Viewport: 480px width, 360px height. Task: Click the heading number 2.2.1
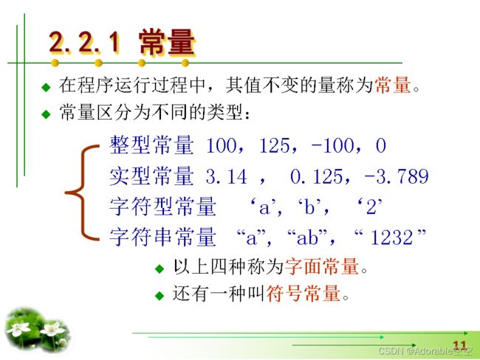tap(84, 42)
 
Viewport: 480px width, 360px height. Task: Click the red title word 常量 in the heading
tap(167, 42)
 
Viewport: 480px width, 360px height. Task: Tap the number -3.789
tap(397, 176)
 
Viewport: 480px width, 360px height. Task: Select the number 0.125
tap(316, 176)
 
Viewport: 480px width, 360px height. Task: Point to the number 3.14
tap(226, 176)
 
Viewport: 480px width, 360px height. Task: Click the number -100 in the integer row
tap(332, 145)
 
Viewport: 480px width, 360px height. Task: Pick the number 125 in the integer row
tap(274, 145)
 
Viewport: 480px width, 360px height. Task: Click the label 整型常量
tap(152, 145)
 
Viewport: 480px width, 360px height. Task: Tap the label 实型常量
tap(152, 176)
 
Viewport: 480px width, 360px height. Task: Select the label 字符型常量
tap(163, 207)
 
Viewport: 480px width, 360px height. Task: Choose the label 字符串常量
tap(163, 237)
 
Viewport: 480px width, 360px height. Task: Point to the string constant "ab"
tap(307, 237)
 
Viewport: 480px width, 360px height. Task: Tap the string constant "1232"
tap(390, 237)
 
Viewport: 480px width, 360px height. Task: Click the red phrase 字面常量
tap(322, 266)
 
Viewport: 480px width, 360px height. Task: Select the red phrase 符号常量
tap(304, 294)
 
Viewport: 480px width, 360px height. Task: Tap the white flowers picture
tap(38, 330)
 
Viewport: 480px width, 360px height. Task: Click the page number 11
tap(459, 346)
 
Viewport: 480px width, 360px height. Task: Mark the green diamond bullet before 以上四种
tap(160, 269)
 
